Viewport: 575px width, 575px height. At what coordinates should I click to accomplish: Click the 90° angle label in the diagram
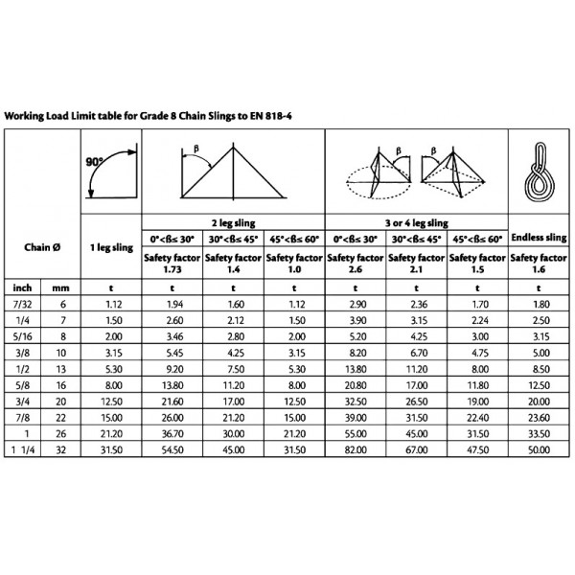point(94,163)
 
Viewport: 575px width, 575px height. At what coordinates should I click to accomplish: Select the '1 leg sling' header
point(109,247)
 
